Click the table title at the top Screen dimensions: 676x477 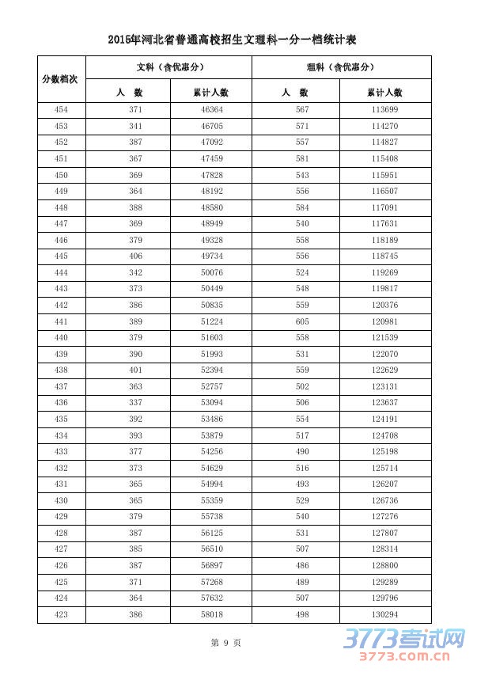click(x=235, y=39)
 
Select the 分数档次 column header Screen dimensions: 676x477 click(x=61, y=79)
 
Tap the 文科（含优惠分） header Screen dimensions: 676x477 click(x=168, y=67)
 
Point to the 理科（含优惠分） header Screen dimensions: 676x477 click(x=341, y=67)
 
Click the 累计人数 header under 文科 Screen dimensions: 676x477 click(x=210, y=92)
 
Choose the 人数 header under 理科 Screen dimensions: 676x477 click(x=295, y=92)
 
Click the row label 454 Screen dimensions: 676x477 click(x=61, y=109)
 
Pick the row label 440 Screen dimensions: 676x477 click(x=61, y=337)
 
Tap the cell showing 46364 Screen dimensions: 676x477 click(x=212, y=109)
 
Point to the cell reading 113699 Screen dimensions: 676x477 click(x=384, y=109)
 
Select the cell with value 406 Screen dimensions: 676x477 click(x=135, y=256)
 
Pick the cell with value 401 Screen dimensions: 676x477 click(x=135, y=370)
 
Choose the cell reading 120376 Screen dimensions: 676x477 click(x=384, y=305)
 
